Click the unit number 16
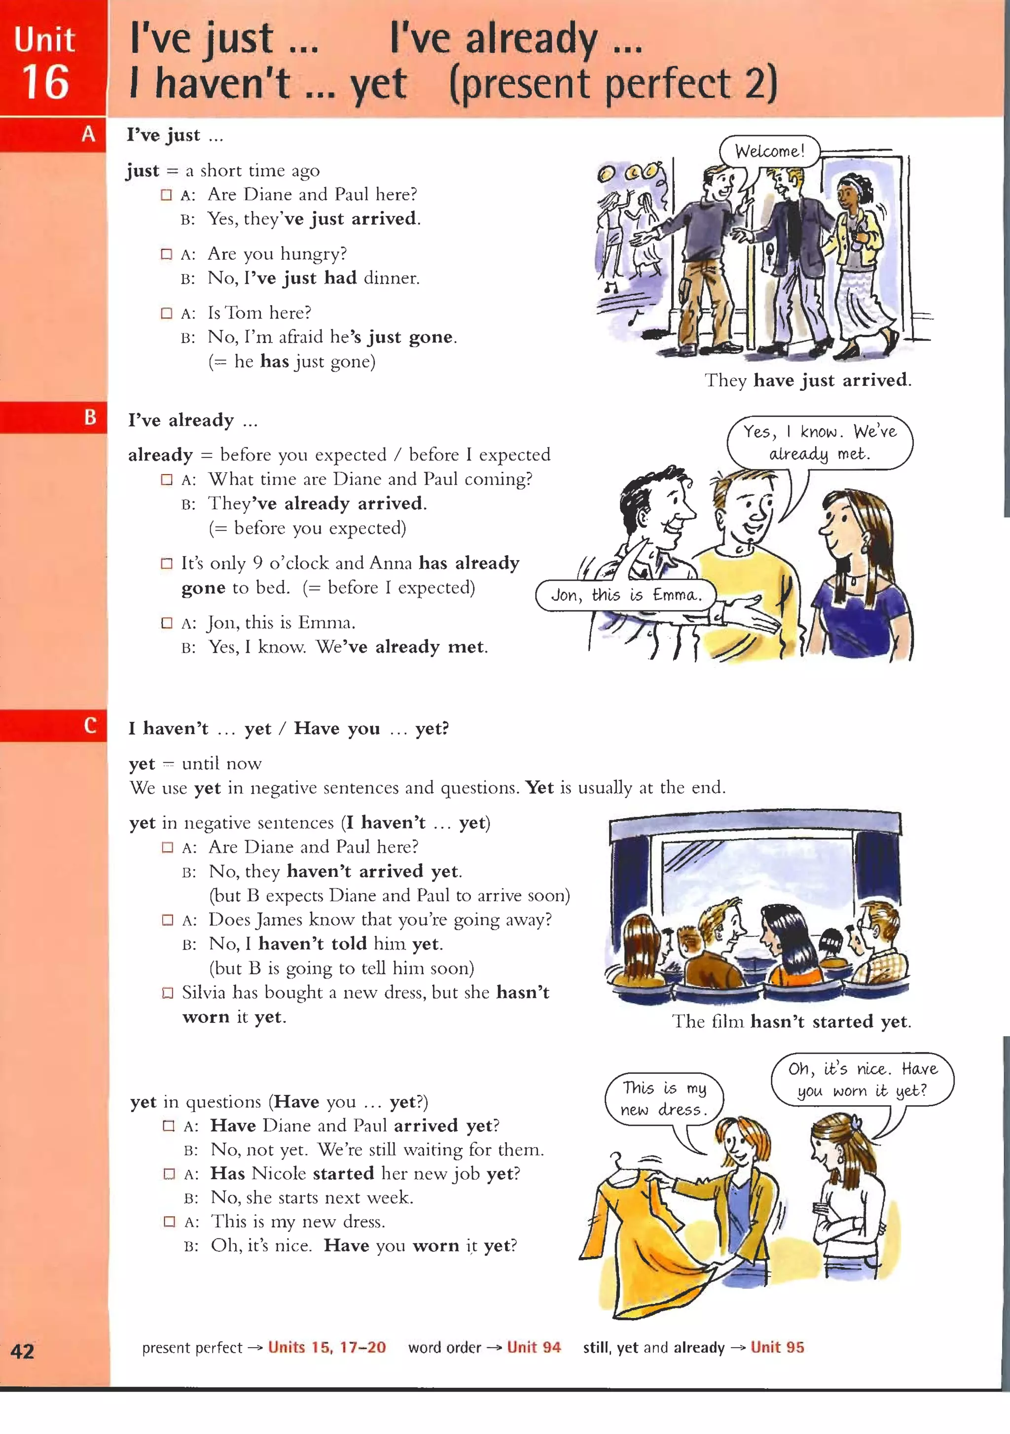45,82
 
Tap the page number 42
23,1351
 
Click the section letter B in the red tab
90,417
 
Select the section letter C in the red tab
90,725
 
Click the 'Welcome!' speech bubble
769,151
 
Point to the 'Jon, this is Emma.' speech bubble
626,595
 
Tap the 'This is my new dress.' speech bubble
664,1099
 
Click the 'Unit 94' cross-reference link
534,1347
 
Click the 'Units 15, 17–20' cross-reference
327,1347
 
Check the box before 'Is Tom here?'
166,313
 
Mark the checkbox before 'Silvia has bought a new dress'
168,992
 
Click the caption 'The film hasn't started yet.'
791,1021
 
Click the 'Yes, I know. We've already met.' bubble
819,442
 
